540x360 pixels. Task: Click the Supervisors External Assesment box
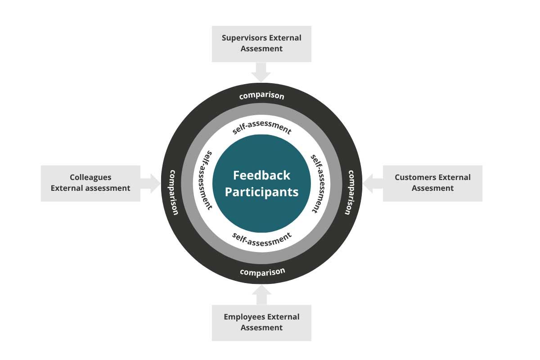pyautogui.click(x=261, y=44)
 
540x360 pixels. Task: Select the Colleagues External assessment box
pyautogui.click(x=90, y=183)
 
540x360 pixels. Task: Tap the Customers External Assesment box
pyautogui.click(x=432, y=183)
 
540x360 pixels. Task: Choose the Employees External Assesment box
pyautogui.click(x=261, y=322)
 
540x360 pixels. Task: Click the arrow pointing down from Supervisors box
pyautogui.click(x=261, y=72)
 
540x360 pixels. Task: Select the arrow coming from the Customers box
pyautogui.click(x=373, y=183)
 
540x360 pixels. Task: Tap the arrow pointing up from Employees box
pyautogui.click(x=261, y=294)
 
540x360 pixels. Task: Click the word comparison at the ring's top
pyautogui.click(x=261, y=95)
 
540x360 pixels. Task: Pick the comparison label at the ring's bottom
pyautogui.click(x=262, y=272)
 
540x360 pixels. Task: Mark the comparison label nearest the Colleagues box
pyautogui.click(x=173, y=192)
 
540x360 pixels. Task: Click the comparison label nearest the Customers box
pyautogui.click(x=350, y=192)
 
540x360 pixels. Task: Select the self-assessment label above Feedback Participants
pyautogui.click(x=262, y=128)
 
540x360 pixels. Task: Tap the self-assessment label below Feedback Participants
pyautogui.click(x=262, y=238)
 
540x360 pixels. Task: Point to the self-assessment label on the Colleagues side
pyautogui.click(x=206, y=180)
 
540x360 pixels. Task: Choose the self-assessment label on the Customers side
pyautogui.click(x=317, y=184)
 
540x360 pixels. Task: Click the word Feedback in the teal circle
pyautogui.click(x=261, y=175)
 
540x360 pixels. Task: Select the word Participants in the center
pyautogui.click(x=261, y=192)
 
